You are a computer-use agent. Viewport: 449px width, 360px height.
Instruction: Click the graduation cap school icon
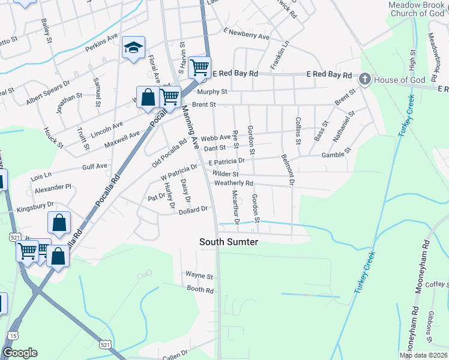pos(133,49)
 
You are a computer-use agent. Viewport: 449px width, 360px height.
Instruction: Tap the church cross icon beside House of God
pos(364,79)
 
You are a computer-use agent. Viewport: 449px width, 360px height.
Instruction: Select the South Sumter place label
pos(229,242)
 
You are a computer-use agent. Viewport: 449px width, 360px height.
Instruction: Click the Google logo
pos(20,353)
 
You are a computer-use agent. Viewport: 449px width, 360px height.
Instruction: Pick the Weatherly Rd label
pos(234,183)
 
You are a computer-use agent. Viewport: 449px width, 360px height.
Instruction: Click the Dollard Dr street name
pos(193,210)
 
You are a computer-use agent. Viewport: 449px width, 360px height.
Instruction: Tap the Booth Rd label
pos(200,290)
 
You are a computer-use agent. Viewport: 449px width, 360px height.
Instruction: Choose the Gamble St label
pos(336,155)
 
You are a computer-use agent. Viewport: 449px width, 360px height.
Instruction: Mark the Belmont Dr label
pos(288,169)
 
